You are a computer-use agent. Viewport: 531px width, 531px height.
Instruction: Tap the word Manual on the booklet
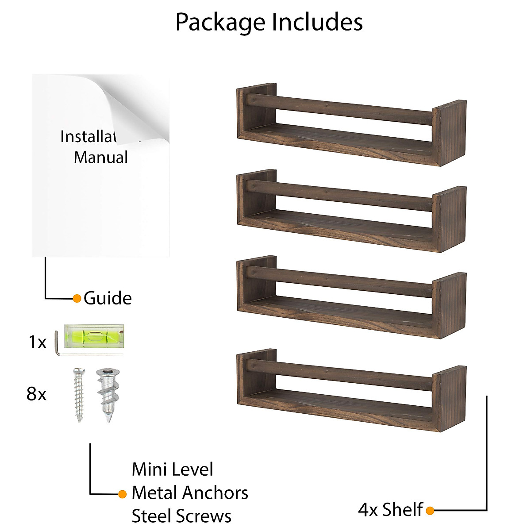(101, 158)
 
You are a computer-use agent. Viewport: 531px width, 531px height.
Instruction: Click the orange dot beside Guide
(77, 298)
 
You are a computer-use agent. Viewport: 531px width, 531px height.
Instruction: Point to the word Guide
(108, 298)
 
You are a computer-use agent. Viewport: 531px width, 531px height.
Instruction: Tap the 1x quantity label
(37, 342)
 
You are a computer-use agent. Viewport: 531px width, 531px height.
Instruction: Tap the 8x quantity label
(36, 393)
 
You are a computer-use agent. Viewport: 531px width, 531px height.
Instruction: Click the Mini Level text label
(172, 469)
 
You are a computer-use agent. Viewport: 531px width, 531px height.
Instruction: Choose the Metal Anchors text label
(190, 493)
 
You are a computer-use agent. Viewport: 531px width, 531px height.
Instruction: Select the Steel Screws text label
(181, 516)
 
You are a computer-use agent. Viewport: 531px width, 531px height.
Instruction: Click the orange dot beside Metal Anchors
(123, 494)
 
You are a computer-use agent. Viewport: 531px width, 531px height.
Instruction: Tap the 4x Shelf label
(390, 510)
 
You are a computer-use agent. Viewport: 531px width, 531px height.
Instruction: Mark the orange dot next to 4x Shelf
(430, 511)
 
